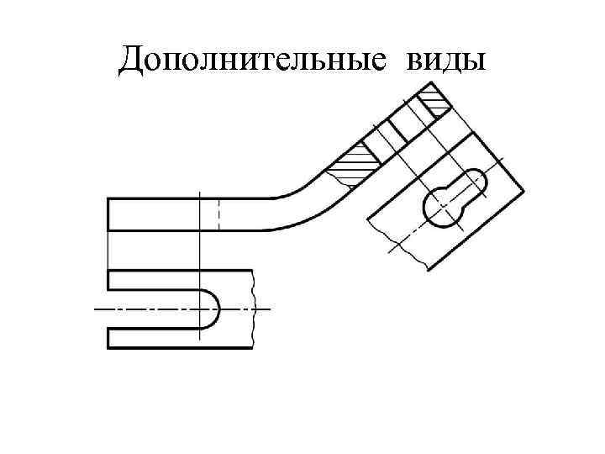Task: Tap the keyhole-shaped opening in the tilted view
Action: coord(454,198)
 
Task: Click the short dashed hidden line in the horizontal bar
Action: coord(218,214)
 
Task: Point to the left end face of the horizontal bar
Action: coord(109,214)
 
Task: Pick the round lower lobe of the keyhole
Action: coord(442,207)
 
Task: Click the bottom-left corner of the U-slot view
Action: coord(109,347)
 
